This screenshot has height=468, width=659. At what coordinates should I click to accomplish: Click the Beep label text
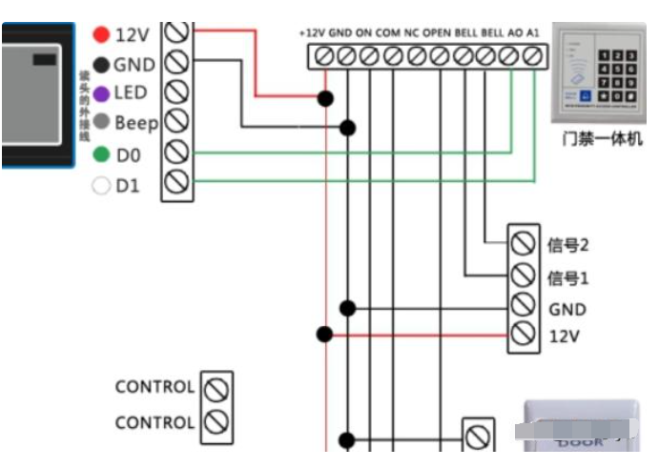[136, 123]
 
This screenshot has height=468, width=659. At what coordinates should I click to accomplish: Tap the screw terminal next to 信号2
[522, 243]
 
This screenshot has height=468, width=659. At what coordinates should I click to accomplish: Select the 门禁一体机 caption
[602, 140]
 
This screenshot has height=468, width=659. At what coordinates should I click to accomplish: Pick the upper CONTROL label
[154, 387]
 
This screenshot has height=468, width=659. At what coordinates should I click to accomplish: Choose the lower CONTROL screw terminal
[217, 420]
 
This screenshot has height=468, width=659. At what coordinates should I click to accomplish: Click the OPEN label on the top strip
[436, 32]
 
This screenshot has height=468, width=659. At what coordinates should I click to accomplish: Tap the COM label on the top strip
[388, 32]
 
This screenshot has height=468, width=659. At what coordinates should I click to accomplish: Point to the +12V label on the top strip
[312, 32]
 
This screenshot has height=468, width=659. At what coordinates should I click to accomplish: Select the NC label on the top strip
[412, 32]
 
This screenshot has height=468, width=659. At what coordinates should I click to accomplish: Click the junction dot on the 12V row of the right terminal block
[325, 335]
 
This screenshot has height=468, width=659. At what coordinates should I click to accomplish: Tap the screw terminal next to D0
[176, 153]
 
